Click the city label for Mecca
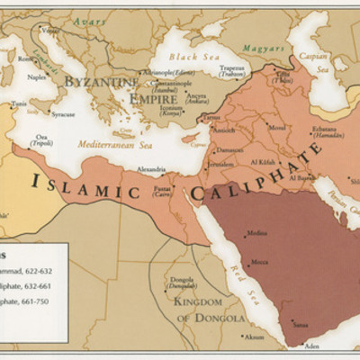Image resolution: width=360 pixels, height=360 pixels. (x=258, y=264)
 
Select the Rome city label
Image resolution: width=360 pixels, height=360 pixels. (x=24, y=58)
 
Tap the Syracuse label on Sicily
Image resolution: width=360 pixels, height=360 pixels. (x=63, y=114)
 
